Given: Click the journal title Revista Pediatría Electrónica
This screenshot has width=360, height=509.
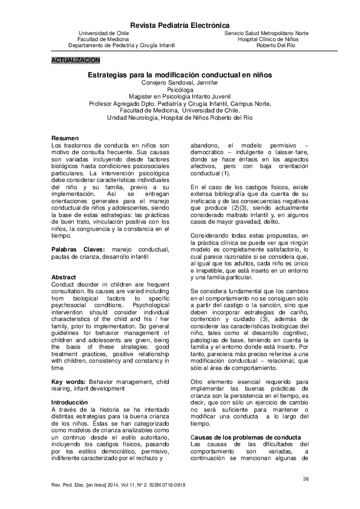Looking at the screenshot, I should click(x=180, y=25).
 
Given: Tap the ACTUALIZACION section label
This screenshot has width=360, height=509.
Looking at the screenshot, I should click(x=76, y=61).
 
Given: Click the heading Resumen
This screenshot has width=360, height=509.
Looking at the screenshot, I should click(x=64, y=138).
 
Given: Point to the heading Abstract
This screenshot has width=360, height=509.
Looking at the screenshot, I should click(x=64, y=277).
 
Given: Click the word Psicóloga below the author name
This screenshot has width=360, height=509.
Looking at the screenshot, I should click(x=180, y=89).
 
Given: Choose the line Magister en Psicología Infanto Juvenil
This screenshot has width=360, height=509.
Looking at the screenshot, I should click(x=180, y=96).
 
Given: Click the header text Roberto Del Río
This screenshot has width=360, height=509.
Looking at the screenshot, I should click(x=276, y=45).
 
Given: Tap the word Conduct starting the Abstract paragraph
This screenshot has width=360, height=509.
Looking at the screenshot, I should click(x=64, y=284).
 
